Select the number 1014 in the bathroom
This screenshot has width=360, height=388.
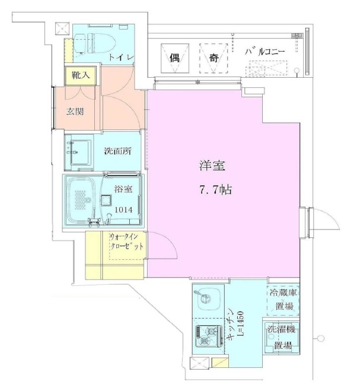point(124,209)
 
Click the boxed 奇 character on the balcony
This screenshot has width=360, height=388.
point(213,58)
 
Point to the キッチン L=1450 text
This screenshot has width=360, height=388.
point(235,323)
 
